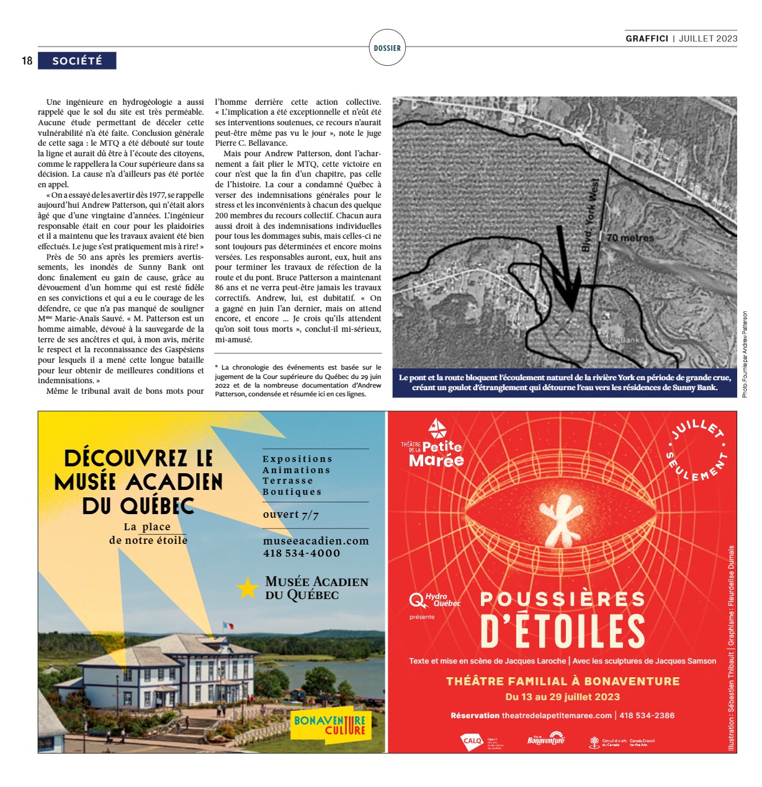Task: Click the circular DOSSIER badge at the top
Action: pyautogui.click(x=387, y=48)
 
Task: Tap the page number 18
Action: pyautogui.click(x=27, y=61)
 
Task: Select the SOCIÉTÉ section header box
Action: pyautogui.click(x=77, y=61)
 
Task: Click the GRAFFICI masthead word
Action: pyautogui.click(x=647, y=38)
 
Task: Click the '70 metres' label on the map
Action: pyautogui.click(x=630, y=238)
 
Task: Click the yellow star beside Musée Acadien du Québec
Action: pyautogui.click(x=247, y=588)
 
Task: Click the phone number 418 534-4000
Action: pyautogui.click(x=302, y=553)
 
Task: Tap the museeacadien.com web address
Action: pyautogui.click(x=316, y=541)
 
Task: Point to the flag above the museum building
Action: pyautogui.click(x=228, y=626)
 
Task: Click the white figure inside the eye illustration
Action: pyautogui.click(x=560, y=518)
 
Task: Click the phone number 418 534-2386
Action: pyautogui.click(x=647, y=715)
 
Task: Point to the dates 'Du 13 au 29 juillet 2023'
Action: pyautogui.click(x=562, y=697)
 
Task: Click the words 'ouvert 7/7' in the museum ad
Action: pyautogui.click(x=290, y=515)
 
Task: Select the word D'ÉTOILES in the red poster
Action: pyautogui.click(x=562, y=632)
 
